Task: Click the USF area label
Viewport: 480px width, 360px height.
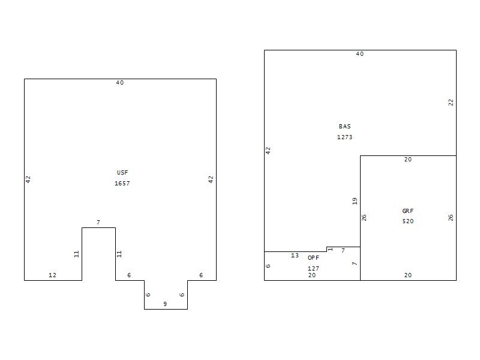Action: (122, 173)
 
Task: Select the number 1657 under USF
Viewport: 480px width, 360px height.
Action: (122, 184)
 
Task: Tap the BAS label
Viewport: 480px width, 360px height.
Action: (345, 127)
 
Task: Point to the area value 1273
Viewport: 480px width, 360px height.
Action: (345, 137)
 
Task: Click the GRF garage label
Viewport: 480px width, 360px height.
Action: (408, 211)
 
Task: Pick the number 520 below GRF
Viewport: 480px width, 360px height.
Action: (408, 221)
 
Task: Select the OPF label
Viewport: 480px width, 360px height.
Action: (313, 257)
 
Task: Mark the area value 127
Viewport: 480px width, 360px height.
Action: (313, 268)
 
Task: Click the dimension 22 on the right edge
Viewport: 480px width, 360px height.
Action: (451, 103)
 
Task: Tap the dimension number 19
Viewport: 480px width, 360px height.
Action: (355, 201)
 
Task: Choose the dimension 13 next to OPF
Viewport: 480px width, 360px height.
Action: (295, 256)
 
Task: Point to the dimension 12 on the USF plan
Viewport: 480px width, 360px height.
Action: (52, 275)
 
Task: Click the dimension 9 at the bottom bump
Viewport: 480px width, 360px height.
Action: (165, 304)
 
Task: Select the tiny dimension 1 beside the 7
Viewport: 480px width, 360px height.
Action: (331, 249)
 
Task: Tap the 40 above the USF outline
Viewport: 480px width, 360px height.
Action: (120, 83)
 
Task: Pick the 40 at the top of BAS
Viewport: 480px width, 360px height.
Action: (360, 54)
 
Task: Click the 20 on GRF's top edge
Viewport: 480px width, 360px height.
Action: (408, 160)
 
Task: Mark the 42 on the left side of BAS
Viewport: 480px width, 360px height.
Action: (268, 150)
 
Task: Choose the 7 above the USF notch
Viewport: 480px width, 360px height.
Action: (98, 223)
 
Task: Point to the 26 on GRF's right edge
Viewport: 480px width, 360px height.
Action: (451, 217)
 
